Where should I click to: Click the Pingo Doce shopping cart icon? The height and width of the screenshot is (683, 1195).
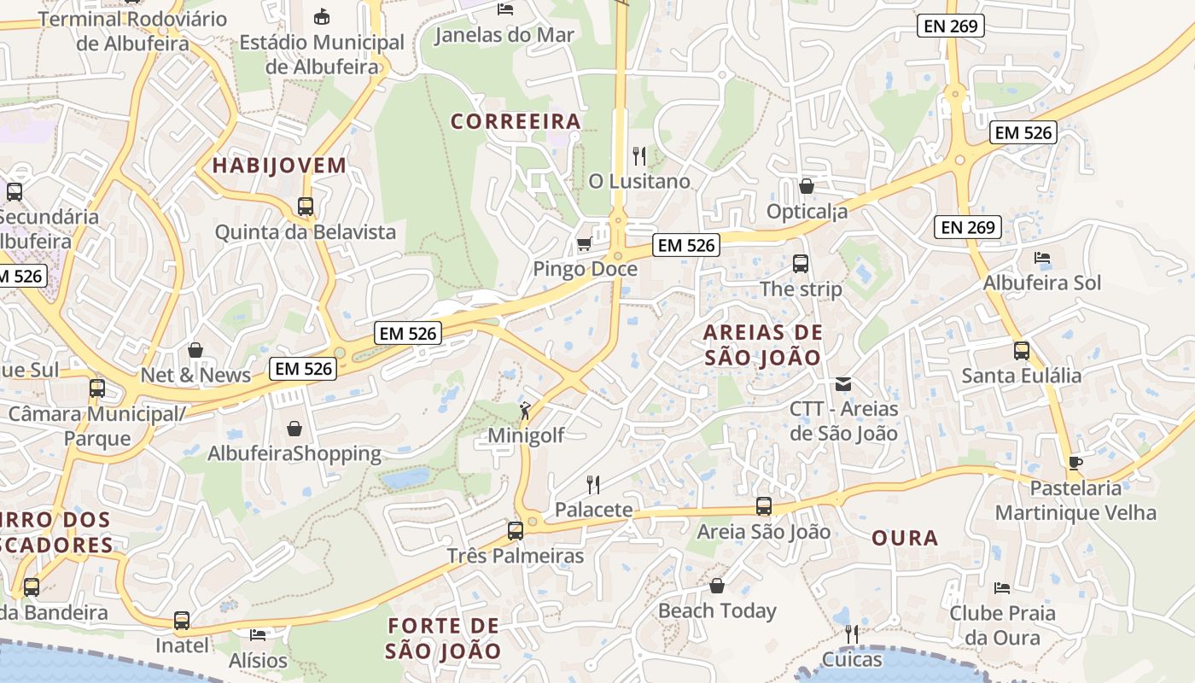[584, 244]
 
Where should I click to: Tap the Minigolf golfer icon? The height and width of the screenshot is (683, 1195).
[525, 411]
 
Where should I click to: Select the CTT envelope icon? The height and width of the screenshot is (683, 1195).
[843, 384]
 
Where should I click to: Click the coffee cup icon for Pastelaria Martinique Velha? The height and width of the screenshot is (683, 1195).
[1075, 463]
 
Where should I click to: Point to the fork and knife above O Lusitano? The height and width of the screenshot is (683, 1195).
[638, 156]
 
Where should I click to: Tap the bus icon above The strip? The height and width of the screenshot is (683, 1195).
[800, 264]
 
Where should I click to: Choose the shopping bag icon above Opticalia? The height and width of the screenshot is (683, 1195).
[806, 185]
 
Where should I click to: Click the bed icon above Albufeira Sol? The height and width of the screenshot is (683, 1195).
[1041, 257]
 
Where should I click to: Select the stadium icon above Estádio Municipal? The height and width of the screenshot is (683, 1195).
[322, 16]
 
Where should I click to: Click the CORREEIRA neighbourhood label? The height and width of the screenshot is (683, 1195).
[516, 122]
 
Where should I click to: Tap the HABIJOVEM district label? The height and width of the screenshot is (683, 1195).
[279, 166]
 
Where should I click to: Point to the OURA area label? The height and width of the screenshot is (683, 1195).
[905, 538]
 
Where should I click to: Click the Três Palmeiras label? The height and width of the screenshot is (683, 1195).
[516, 556]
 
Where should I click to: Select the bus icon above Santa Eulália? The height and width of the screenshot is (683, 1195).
[1021, 350]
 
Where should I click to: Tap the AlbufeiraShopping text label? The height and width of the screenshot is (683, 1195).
[294, 453]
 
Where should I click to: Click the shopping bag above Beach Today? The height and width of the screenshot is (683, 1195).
[717, 586]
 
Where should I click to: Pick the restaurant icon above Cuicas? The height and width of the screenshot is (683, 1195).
[851, 633]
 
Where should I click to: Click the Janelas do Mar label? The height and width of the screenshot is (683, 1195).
[504, 35]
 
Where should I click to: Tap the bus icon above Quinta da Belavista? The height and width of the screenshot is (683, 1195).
[306, 206]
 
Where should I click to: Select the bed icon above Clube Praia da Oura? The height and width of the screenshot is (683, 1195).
[1002, 587]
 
